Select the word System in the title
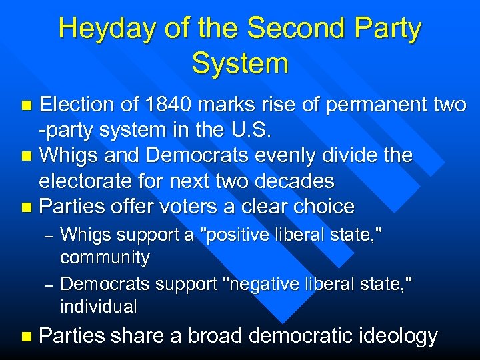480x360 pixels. [x=239, y=64]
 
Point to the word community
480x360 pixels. [x=105, y=257]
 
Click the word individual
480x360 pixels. [x=98, y=307]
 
